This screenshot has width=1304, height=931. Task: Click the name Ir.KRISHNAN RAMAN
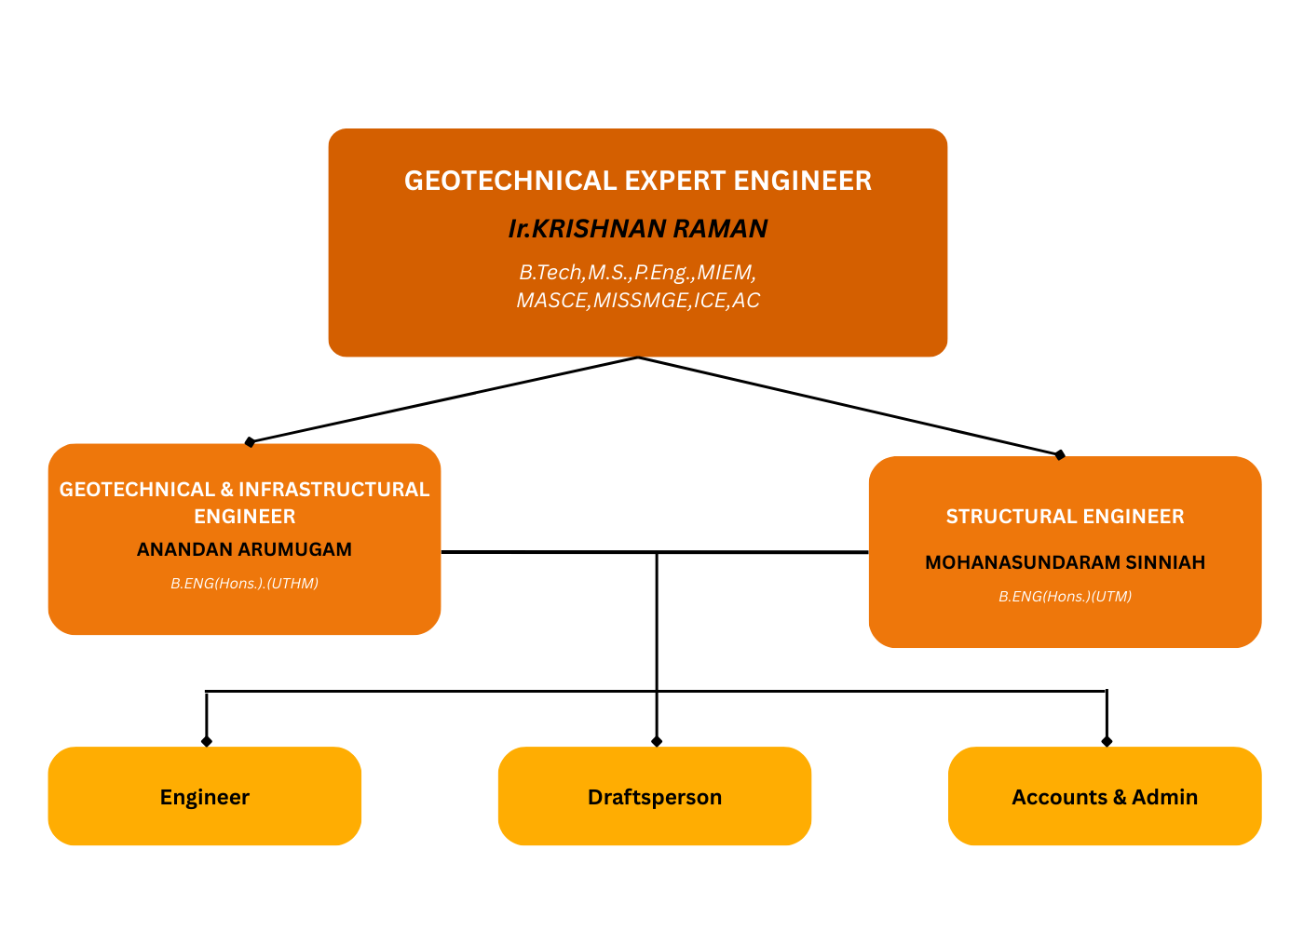(638, 229)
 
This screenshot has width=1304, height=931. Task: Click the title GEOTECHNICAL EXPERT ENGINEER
(638, 181)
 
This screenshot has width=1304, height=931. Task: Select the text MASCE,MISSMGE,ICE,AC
(638, 301)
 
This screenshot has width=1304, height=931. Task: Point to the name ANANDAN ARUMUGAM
(244, 549)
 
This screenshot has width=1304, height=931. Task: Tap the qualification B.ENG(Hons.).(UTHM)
(244, 584)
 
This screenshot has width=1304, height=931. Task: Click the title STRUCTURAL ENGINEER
(1065, 517)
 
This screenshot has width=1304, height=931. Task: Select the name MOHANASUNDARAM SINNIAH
(1065, 562)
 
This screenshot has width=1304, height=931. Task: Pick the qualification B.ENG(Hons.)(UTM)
(1065, 597)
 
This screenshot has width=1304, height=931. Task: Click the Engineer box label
(205, 797)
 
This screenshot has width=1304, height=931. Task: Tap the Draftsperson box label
(655, 797)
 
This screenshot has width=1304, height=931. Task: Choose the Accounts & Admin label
(1105, 797)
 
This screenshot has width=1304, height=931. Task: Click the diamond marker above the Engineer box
(207, 741)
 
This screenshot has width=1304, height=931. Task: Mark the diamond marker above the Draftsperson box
(657, 741)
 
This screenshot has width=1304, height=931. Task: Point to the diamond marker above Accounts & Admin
(1107, 741)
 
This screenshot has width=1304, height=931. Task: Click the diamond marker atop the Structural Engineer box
(1059, 455)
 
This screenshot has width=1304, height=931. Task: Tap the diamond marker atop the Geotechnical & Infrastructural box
(250, 442)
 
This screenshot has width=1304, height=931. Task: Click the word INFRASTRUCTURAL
(333, 490)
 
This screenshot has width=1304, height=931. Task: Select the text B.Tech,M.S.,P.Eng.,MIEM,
(638, 273)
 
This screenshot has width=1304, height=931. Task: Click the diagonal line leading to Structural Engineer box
(848, 407)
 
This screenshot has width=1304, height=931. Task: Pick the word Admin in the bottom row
(1164, 797)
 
